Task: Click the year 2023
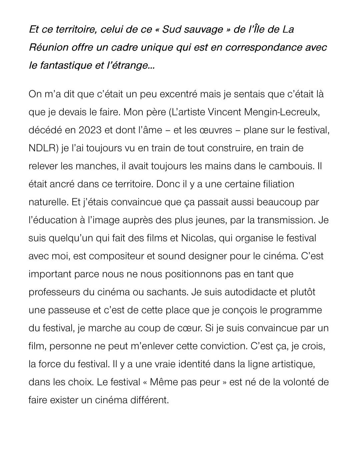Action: (90, 130)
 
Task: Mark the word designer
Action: (209, 256)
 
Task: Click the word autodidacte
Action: (250, 292)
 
